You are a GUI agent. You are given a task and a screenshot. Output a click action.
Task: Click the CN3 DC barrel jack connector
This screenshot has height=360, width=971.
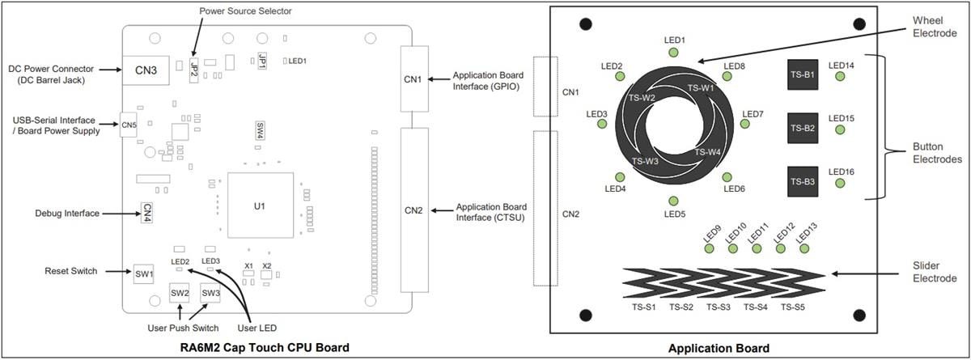146,70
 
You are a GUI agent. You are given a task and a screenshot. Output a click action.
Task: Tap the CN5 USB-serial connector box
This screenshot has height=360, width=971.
129,125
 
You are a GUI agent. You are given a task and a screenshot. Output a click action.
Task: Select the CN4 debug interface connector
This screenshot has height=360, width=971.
147,212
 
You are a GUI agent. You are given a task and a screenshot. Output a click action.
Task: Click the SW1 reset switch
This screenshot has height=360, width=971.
144,273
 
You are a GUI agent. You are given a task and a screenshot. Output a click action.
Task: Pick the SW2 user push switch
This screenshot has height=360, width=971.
180,292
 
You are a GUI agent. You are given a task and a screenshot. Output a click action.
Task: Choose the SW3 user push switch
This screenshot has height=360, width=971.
210,292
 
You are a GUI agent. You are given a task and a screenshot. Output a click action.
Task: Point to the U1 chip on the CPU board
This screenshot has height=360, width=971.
259,206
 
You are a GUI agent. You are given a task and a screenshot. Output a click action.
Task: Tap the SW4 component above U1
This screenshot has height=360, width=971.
260,130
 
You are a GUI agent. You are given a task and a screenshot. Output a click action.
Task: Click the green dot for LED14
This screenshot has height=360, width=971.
840,77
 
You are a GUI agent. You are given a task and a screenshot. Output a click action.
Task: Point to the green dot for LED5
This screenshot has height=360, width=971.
674,201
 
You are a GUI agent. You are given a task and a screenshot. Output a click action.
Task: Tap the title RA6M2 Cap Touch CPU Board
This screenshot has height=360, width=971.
265,348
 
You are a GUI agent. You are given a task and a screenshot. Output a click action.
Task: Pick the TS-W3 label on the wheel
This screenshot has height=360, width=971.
644,161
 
